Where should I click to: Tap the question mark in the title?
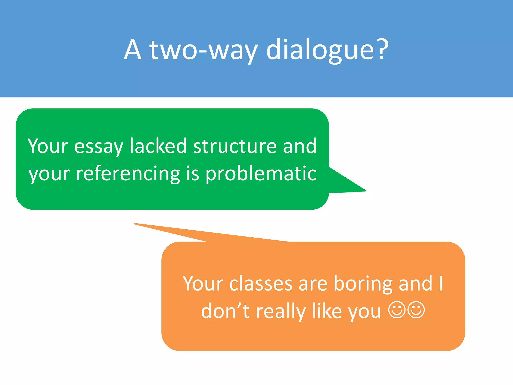tap(382, 49)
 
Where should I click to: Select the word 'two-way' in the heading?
tap(203, 50)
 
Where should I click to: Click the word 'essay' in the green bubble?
tap(99, 147)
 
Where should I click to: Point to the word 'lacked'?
tap(158, 146)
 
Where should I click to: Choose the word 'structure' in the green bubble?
tap(235, 146)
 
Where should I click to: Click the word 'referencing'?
tap(128, 173)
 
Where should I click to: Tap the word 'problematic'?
tap(261, 173)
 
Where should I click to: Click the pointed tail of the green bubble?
tap(361, 189)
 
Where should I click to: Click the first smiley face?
tap(397, 310)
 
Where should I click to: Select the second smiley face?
tap(416, 310)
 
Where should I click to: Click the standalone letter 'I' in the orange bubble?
tap(441, 283)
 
